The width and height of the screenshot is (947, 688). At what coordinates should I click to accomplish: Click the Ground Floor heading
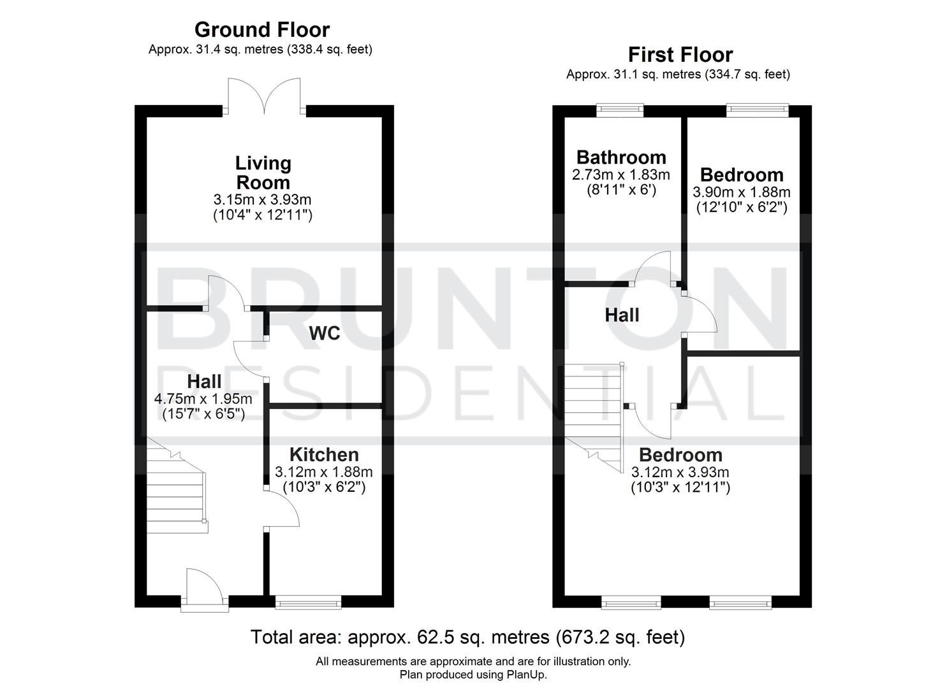(261, 30)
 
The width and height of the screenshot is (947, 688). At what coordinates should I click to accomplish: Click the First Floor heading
(680, 55)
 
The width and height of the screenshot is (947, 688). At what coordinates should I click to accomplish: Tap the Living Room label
(263, 173)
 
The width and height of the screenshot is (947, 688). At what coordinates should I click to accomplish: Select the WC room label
(325, 333)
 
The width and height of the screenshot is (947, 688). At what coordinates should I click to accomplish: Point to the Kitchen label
(324, 454)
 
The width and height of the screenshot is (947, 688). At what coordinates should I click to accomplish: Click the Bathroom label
(621, 157)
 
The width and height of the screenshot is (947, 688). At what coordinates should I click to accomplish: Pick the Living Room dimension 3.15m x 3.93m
(262, 200)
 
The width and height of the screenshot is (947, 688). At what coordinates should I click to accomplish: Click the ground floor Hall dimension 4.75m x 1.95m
(203, 399)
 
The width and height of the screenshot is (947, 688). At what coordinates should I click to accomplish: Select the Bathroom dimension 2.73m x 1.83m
(621, 175)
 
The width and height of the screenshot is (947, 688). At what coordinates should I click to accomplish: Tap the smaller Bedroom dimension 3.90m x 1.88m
(742, 192)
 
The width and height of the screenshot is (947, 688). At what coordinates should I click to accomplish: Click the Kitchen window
(308, 601)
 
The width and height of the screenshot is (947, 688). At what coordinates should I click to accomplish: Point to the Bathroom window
(620, 111)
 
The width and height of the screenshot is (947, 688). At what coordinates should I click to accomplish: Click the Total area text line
(467, 637)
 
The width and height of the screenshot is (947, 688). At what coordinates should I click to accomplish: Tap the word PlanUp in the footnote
(527, 675)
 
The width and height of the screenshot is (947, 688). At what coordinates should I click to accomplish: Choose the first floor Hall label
(622, 315)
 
